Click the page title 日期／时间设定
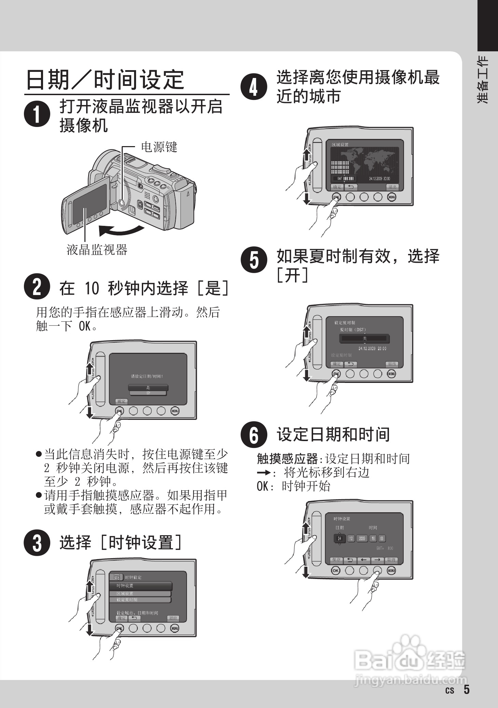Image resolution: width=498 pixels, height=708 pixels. coord(105,79)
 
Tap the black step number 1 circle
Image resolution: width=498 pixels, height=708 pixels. coord(37,114)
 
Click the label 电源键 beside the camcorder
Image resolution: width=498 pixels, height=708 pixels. coord(159,147)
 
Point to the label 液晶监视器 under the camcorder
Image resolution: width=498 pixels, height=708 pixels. coord(97,250)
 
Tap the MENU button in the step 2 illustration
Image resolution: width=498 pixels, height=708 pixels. coord(175,411)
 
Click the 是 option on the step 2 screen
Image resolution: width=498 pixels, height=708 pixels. coord(148,387)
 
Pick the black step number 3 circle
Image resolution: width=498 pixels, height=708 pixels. coord(37,543)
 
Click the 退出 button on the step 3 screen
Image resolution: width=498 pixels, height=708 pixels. coord(173,618)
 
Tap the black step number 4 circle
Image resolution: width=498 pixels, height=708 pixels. coord(254,87)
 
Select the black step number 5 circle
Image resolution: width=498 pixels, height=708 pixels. coord(254,261)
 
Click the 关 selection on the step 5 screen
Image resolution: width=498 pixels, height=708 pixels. coord(364,338)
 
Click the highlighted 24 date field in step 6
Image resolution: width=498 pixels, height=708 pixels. coord(339,538)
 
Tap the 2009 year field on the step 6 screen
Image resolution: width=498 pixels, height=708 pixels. coord(362,538)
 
